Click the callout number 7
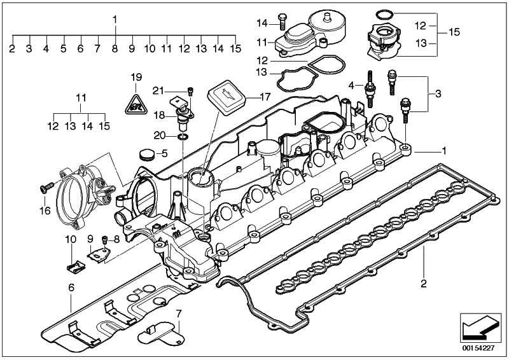point(179,314)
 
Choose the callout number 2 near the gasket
point(423,282)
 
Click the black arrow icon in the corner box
point(477,328)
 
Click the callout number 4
point(351,85)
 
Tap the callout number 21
point(158,89)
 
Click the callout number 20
point(159,135)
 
